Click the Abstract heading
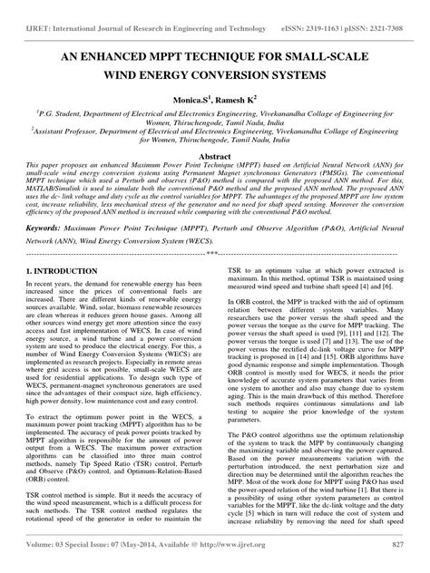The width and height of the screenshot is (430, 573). [x=214, y=156]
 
